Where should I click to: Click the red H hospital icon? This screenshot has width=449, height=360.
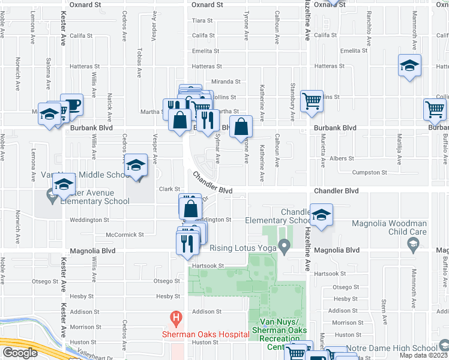pyautogui.click(x=176, y=316)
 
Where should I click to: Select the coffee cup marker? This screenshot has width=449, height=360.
pyautogui.click(x=71, y=105)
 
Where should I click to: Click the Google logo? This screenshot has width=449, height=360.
pyautogui.click(x=20, y=353)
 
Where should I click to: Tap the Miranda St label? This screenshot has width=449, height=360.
pyautogui.click(x=226, y=82)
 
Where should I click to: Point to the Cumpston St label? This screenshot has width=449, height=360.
pyautogui.click(x=370, y=173)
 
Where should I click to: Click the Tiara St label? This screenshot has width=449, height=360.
pyautogui.click(x=199, y=20)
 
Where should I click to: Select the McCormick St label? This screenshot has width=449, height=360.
pyautogui.click(x=125, y=235)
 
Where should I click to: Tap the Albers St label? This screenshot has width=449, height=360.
pyautogui.click(x=340, y=158)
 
